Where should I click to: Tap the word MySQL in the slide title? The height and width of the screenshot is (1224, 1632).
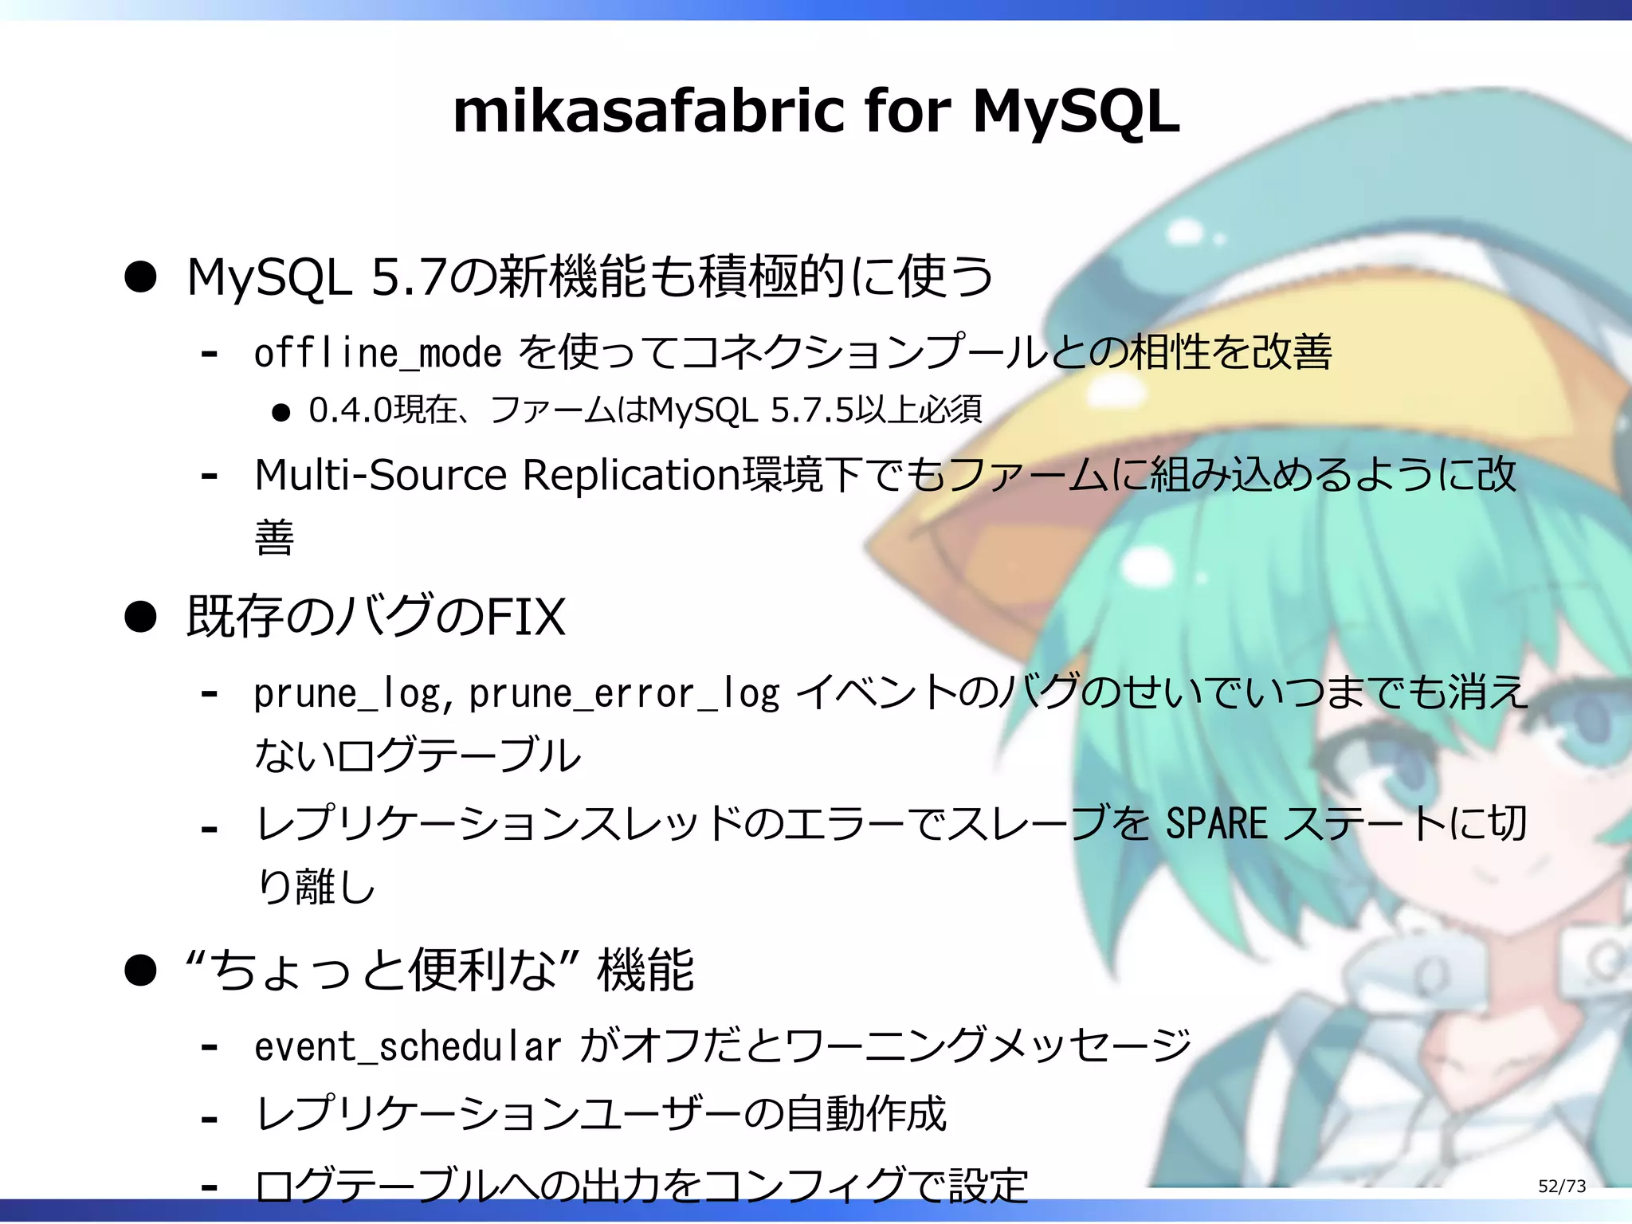point(1076,112)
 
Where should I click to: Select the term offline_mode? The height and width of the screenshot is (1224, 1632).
point(378,353)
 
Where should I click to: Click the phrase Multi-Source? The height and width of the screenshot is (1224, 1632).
point(381,476)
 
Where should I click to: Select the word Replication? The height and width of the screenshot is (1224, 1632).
point(632,476)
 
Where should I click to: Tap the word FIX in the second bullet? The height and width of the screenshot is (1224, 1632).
point(525,617)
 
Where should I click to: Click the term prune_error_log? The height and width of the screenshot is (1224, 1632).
point(624,694)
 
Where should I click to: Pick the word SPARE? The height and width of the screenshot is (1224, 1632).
point(1216,824)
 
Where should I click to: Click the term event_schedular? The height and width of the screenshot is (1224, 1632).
point(408,1047)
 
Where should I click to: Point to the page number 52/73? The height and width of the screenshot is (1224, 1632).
point(1562,1187)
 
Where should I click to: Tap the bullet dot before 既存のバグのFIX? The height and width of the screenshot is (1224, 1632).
point(141,618)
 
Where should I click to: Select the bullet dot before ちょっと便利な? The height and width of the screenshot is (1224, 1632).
point(141,971)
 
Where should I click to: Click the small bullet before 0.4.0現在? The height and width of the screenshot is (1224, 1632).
point(280,413)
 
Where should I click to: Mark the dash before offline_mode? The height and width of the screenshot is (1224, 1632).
point(210,353)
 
